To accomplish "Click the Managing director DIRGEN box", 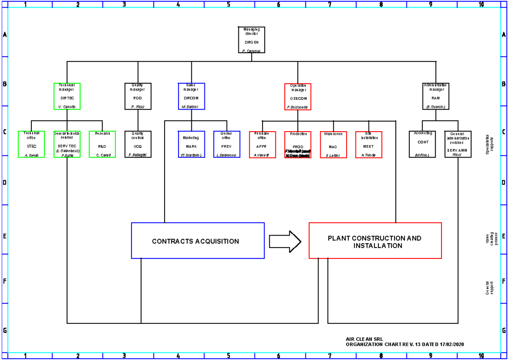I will (x=252, y=40).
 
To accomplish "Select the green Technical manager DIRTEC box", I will (x=67, y=96).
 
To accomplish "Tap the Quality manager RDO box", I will (x=138, y=96).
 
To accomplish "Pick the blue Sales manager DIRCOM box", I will (x=191, y=96).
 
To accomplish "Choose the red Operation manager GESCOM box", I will (x=298, y=97).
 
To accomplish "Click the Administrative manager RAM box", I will (x=436, y=96).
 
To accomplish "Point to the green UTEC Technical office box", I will (x=31, y=144).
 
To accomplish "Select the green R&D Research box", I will (x=102, y=144).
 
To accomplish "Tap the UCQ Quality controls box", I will (x=138, y=144).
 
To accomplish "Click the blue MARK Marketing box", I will (x=191, y=144).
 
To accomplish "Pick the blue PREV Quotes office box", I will (x=227, y=144).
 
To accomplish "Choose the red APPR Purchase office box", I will (x=262, y=145).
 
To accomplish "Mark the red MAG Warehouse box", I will (x=333, y=145).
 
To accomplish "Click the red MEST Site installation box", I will (x=369, y=145).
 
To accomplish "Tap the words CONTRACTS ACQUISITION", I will (x=196, y=242).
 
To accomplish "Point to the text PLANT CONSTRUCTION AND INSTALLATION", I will (x=375, y=242).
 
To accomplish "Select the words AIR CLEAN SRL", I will (x=364, y=339).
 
